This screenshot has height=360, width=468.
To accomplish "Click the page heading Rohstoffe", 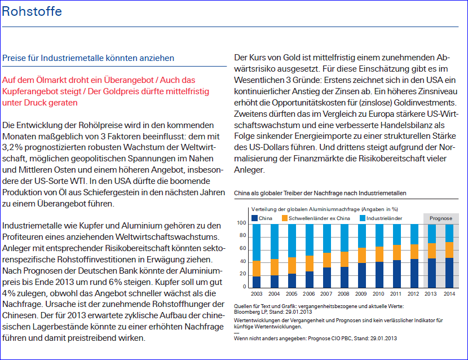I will (x=32, y=12).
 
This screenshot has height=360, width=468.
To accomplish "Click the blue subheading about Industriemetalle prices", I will (x=89, y=58).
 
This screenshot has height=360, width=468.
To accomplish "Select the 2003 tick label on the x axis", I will (x=257, y=293).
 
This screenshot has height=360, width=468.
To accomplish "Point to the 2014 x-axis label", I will (x=449, y=293).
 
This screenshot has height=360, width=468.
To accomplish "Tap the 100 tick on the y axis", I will (x=241, y=223).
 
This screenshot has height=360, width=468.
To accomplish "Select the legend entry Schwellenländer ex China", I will (x=318, y=217).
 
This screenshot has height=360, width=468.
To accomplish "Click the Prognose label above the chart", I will (x=440, y=217).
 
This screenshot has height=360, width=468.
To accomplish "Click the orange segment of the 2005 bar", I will (x=292, y=265).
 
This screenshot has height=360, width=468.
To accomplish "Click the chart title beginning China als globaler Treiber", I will (x=320, y=193).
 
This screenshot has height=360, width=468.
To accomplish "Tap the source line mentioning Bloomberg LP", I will (x=273, y=310).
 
